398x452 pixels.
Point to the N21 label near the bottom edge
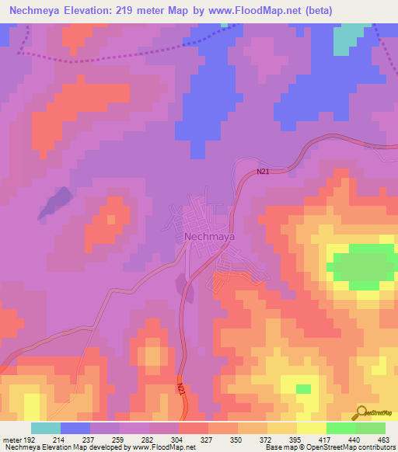180,386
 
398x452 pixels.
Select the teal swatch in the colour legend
46,428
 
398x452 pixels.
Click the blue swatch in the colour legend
75,428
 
